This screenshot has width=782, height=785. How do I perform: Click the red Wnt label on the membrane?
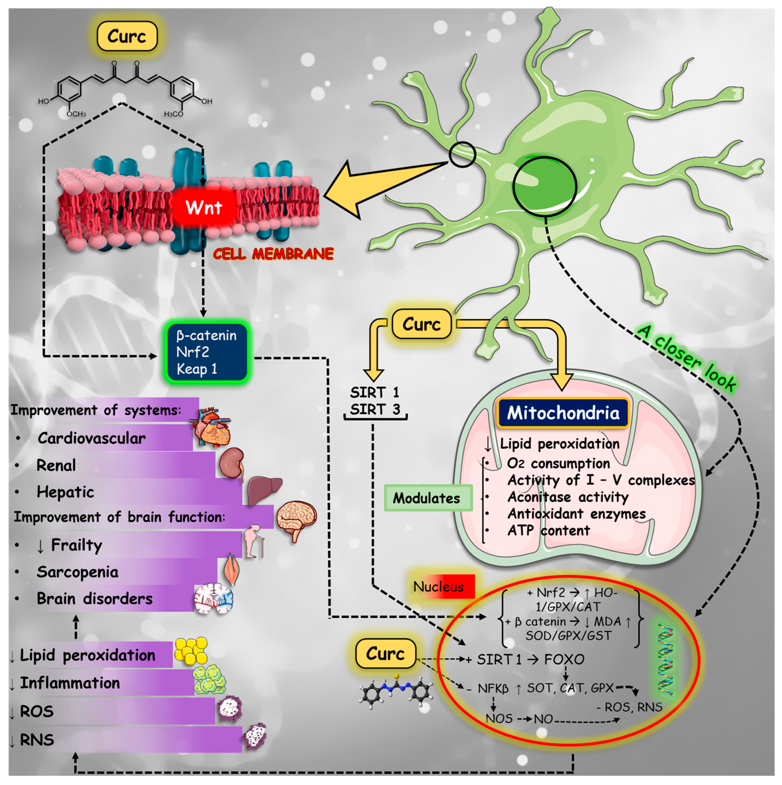click(x=204, y=208)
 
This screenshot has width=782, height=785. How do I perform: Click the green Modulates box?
click(x=427, y=498)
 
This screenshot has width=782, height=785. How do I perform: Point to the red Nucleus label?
click(x=439, y=587)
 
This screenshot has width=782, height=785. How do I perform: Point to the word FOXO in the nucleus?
click(x=564, y=659)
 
